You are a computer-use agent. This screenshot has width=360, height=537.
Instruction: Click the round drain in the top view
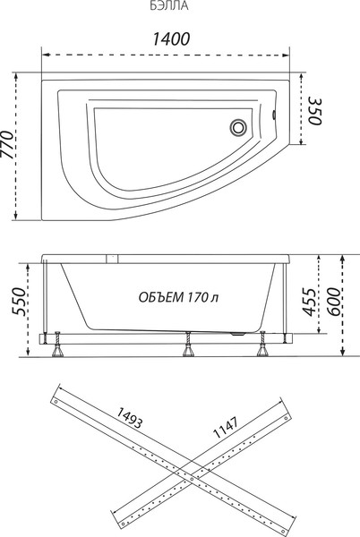(240, 127)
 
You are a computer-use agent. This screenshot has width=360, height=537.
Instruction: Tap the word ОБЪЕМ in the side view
(162, 297)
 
